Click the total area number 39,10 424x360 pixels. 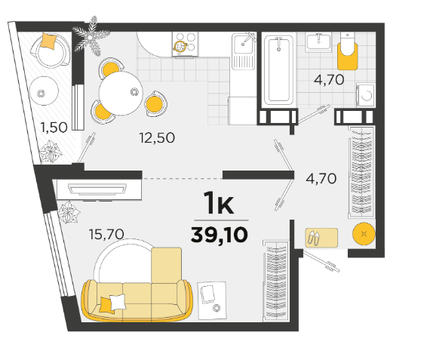[x=219, y=235]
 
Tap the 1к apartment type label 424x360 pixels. [x=219, y=202]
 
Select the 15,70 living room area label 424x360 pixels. [x=106, y=234]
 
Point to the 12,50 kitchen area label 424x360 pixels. [x=157, y=137]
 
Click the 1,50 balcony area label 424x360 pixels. [x=54, y=128]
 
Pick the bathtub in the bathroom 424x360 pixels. [x=278, y=70]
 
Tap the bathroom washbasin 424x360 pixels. [x=319, y=42]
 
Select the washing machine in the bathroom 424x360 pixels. [x=366, y=95]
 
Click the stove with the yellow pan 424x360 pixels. [x=186, y=44]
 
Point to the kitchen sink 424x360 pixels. [x=244, y=51]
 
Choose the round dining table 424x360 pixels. [x=121, y=93]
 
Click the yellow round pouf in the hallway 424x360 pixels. [x=364, y=234]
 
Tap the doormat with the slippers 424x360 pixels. [x=321, y=238]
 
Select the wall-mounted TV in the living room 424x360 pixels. [x=97, y=189]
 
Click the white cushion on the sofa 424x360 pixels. [x=118, y=302]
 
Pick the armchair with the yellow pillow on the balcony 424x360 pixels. [x=51, y=50]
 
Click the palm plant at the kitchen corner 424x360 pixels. [x=91, y=36]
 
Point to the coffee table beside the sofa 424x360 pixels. [x=212, y=300]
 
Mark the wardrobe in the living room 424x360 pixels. [x=276, y=281]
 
